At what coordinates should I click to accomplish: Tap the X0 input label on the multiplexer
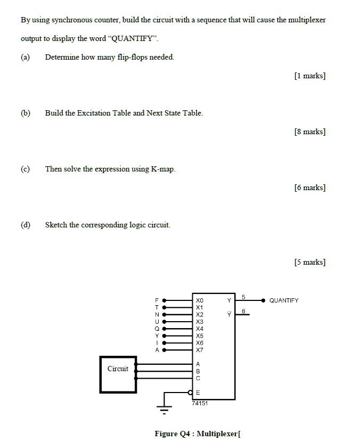point(199,300)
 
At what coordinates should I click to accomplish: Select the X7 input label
point(199,350)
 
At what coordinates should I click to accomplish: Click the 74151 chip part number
point(200,404)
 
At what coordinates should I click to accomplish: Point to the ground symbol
point(165,410)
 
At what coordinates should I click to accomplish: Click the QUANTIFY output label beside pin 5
point(284,300)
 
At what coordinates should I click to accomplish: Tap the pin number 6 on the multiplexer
point(243,311)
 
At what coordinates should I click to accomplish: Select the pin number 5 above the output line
point(243,296)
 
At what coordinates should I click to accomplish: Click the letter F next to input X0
point(157,300)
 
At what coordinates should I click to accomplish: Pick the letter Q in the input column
point(157,329)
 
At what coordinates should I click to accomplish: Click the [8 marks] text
point(309,132)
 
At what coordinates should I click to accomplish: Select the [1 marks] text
point(309,76)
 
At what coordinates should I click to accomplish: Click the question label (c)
point(25,169)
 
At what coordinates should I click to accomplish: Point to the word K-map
point(162,169)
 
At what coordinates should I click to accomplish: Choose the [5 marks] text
point(309,262)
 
